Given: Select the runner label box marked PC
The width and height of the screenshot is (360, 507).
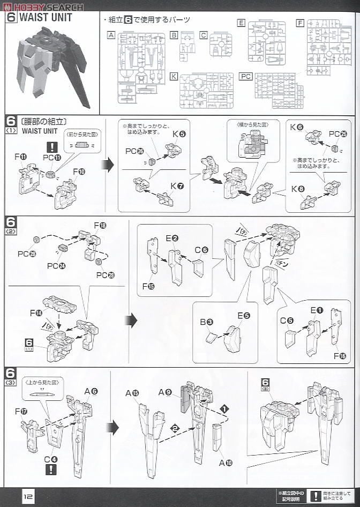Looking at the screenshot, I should (x=245, y=76).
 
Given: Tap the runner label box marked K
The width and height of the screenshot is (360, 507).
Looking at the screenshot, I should (x=173, y=76).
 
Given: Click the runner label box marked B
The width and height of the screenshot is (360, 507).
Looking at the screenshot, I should (x=174, y=35).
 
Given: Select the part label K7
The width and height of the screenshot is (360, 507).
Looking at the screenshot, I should (x=177, y=185).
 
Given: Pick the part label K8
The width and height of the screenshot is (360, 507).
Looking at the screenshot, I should (x=296, y=188).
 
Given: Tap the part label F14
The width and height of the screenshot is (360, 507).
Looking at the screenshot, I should (x=36, y=312).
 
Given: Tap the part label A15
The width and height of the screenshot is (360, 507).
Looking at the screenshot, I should (x=132, y=393).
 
